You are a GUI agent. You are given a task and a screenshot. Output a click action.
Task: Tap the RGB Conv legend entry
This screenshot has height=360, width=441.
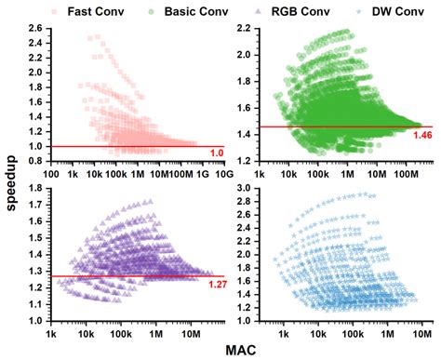click(x=291, y=10)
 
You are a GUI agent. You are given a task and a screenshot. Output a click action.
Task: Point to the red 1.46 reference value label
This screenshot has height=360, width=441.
click(x=423, y=136)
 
